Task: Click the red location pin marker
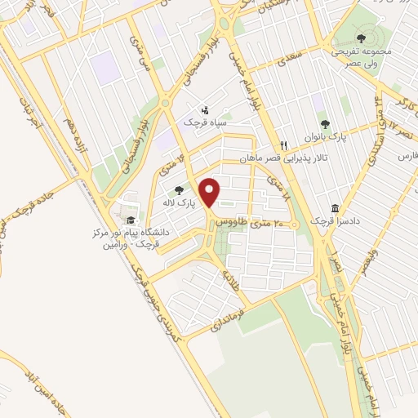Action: tap(211, 193)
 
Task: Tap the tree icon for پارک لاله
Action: tap(179, 191)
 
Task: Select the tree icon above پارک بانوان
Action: tap(326, 124)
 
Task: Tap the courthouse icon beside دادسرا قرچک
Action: tap(335, 208)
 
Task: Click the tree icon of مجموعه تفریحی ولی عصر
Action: tap(361, 38)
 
